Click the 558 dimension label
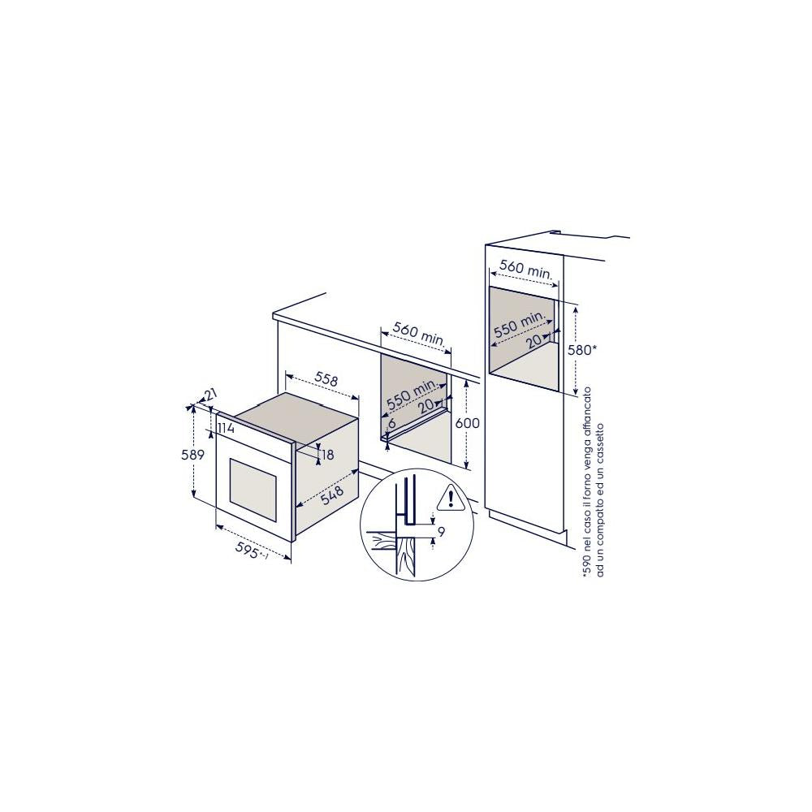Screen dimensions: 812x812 (326, 379)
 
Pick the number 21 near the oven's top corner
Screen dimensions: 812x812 (210, 395)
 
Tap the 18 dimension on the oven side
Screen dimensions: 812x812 (327, 456)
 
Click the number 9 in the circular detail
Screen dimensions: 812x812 (440, 533)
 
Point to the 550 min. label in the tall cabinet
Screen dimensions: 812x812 (519, 326)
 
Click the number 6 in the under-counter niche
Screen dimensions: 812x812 (391, 423)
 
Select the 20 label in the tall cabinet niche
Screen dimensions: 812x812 (533, 341)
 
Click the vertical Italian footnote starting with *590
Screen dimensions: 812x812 (592, 482)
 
